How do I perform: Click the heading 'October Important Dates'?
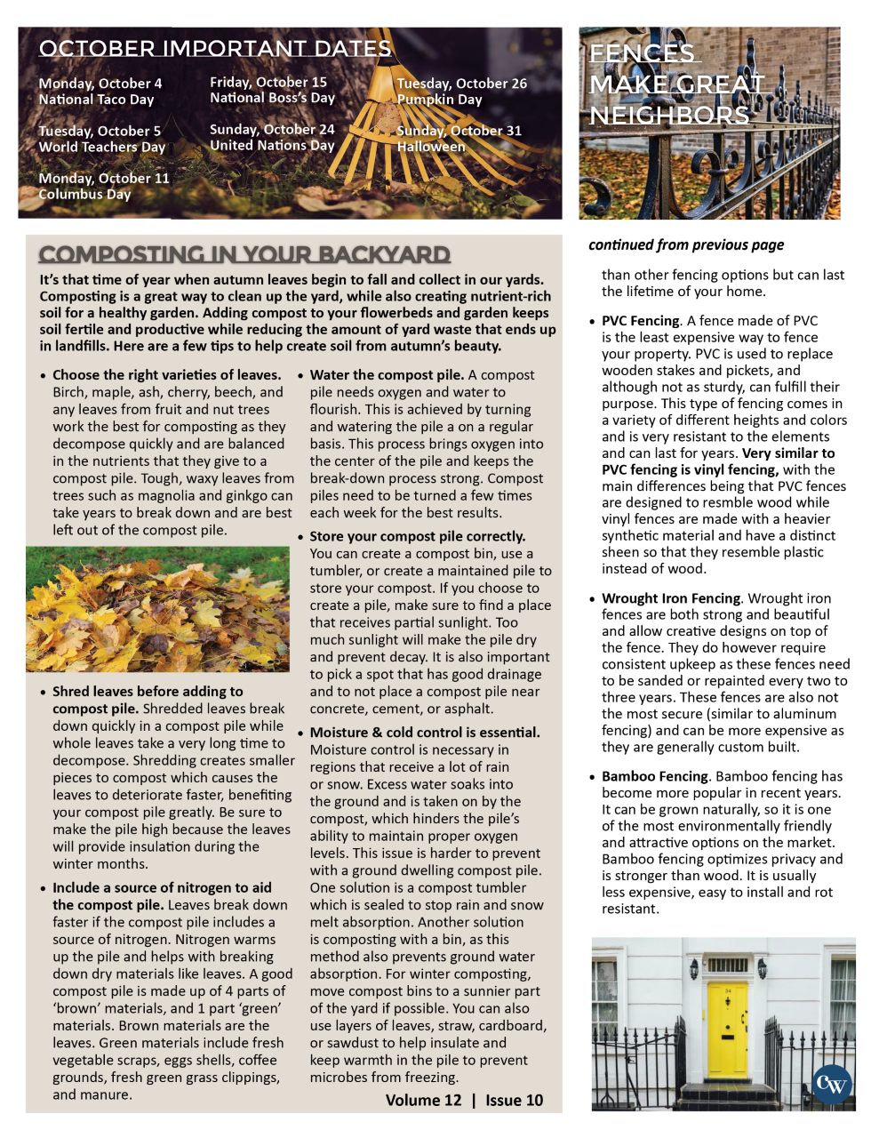click(x=214, y=48)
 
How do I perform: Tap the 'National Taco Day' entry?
click(x=96, y=100)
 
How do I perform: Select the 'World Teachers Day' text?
click(x=101, y=147)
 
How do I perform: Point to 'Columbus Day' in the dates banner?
click(x=84, y=194)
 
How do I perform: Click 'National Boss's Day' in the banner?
click(x=272, y=98)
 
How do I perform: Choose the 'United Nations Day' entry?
click(x=272, y=145)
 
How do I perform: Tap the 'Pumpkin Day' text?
click(x=439, y=100)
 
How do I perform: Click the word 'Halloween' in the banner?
click(x=431, y=147)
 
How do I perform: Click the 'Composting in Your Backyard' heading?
click(x=244, y=254)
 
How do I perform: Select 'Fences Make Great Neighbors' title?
click(x=675, y=84)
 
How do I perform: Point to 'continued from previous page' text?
click(x=685, y=244)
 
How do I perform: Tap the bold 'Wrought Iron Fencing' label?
click(x=671, y=598)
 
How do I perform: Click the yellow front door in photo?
click(x=727, y=1029)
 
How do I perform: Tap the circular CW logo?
click(x=832, y=1084)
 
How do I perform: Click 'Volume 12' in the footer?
click(x=423, y=1100)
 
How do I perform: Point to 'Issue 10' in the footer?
click(x=515, y=1100)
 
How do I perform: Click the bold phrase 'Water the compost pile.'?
click(x=387, y=375)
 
